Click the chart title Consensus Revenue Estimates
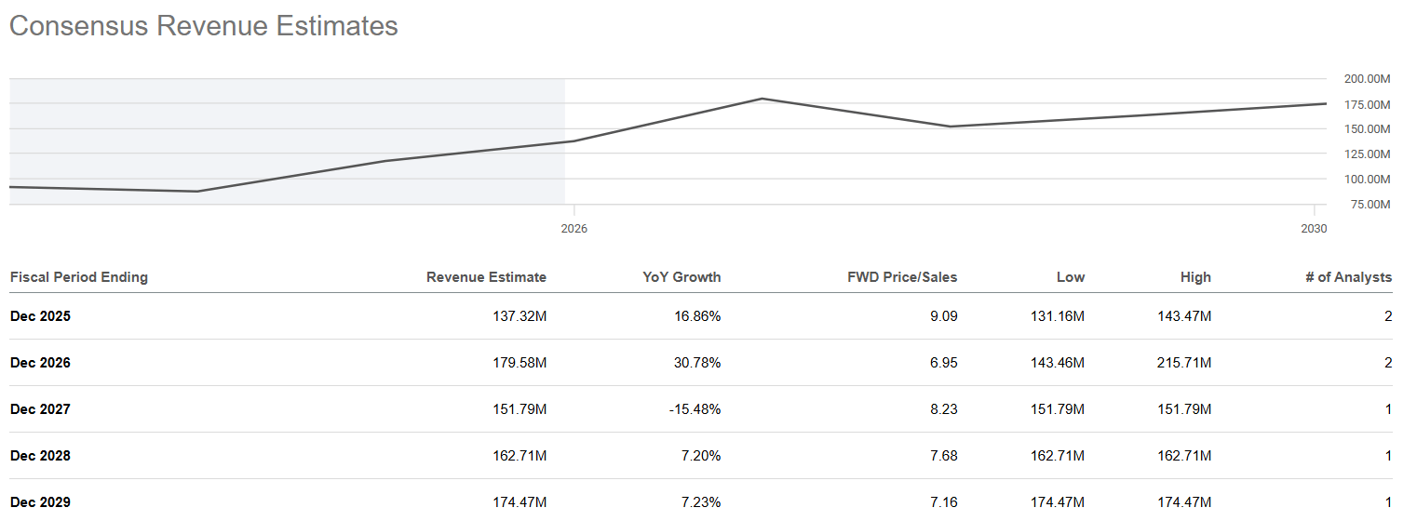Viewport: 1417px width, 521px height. click(203, 26)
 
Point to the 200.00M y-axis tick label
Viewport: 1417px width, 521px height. click(1367, 79)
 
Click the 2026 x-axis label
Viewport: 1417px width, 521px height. click(574, 229)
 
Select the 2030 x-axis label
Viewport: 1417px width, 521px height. click(1314, 229)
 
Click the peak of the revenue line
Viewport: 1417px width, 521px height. click(762, 99)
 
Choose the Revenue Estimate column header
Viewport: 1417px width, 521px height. click(486, 277)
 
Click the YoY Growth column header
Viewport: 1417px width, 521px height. click(682, 277)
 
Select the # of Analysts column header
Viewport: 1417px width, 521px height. click(1349, 277)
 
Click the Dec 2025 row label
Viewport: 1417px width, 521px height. click(40, 316)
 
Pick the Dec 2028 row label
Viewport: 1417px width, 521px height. click(40, 456)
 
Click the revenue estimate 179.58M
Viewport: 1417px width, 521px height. click(519, 363)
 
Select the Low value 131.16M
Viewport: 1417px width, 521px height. click(1057, 316)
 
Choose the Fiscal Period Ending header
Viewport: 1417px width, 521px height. click(79, 277)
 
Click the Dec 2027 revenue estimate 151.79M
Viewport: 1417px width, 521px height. click(519, 409)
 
